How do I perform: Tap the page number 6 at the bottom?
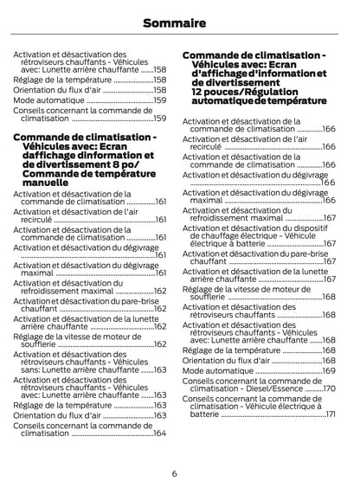coord(174,473)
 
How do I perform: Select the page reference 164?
coord(159,433)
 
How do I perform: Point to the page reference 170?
coord(329,388)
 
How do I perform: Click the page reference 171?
coord(330,414)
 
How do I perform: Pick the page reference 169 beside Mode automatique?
coord(329,370)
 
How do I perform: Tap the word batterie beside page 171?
coord(205,414)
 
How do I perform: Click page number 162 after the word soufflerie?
coord(160,343)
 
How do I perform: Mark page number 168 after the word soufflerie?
coord(329,297)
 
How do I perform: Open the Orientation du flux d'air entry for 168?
coord(228,360)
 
